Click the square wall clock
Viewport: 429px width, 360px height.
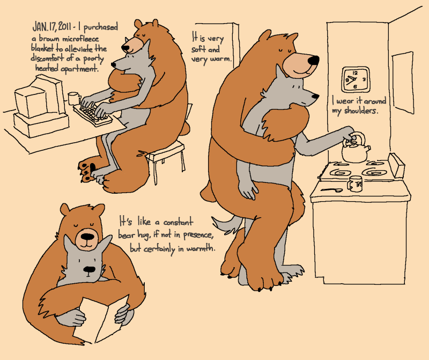tap(356, 79)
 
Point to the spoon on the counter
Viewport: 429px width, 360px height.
tap(331, 189)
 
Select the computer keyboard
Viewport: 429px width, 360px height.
tap(93, 115)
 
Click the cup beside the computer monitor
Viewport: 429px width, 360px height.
tap(74, 98)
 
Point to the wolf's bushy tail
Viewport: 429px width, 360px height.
tap(226, 224)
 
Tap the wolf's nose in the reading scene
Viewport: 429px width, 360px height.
tap(89, 270)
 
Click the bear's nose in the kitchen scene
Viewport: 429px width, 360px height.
tap(313, 60)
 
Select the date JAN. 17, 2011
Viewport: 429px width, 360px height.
tap(52, 26)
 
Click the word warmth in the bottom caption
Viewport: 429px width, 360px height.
tap(201, 248)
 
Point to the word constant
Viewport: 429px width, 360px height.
tap(178, 222)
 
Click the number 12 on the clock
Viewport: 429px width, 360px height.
tap(355, 73)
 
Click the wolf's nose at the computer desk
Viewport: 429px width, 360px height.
tap(113, 64)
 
